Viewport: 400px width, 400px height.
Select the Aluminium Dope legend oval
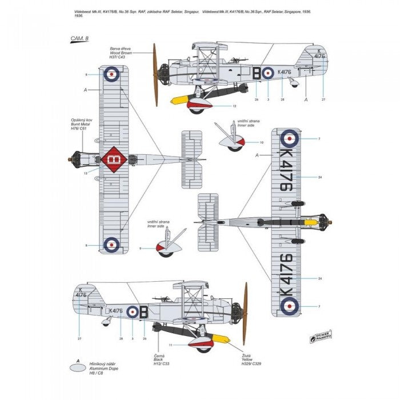pyautogui.click(x=81, y=369)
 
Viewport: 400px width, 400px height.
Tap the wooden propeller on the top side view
pyautogui.click(x=154, y=74)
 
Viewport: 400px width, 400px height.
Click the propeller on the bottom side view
pyautogui.click(x=246, y=313)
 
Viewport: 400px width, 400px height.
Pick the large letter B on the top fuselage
pyautogui.click(x=257, y=73)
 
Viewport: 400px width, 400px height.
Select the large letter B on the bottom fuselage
pyautogui.click(x=143, y=311)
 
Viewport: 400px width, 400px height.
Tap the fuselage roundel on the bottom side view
pyautogui.click(x=133, y=311)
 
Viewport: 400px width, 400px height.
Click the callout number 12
pyautogui.click(x=234, y=106)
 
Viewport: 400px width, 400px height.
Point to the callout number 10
pyautogui.click(x=262, y=142)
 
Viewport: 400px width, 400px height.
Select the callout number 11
pyautogui.click(x=171, y=345)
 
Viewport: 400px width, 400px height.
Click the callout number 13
pyautogui.click(x=85, y=172)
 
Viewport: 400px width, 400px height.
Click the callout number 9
pyautogui.click(x=141, y=249)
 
